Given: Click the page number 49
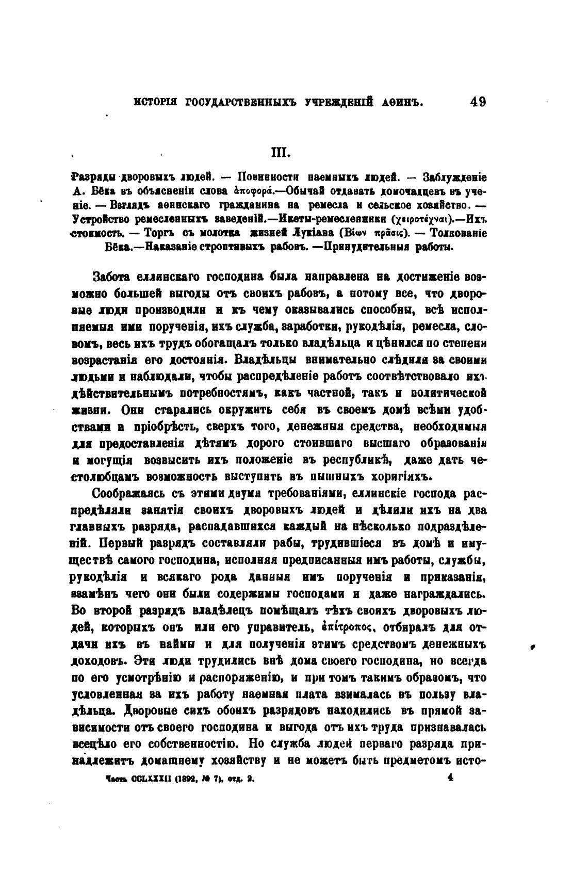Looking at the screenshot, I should (x=478, y=102).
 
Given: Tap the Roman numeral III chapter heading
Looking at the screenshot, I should (x=281, y=153).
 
